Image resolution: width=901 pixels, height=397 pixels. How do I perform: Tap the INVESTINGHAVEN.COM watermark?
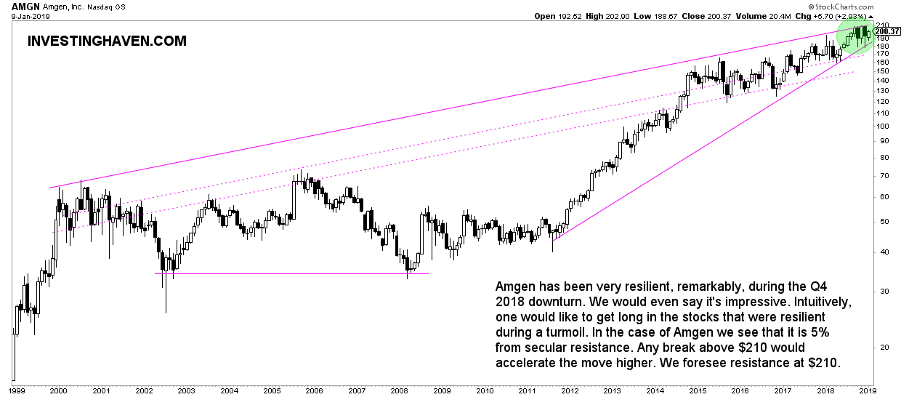click(x=107, y=41)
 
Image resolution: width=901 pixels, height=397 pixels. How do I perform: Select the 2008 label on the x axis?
click(x=401, y=390)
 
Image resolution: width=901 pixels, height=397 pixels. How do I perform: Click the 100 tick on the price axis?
click(x=881, y=126)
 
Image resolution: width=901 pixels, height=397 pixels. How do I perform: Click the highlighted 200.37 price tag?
click(x=888, y=31)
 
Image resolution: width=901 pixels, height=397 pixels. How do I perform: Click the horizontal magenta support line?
click(x=291, y=273)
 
